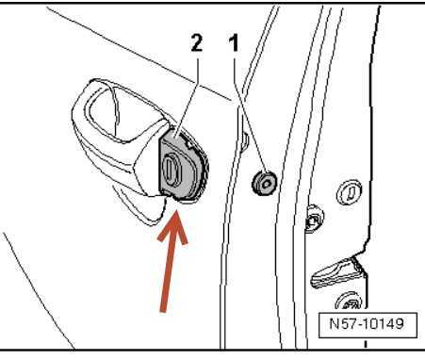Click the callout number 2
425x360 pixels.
(x=197, y=43)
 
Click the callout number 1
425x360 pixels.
(x=235, y=43)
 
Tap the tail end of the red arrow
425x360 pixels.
(x=163, y=311)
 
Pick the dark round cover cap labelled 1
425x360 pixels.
(x=265, y=183)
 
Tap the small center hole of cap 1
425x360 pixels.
(x=267, y=183)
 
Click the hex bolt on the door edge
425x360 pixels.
(x=314, y=219)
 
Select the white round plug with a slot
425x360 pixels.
(x=349, y=192)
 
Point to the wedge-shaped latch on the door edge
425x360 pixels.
(x=337, y=273)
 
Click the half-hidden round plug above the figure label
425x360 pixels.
(x=349, y=301)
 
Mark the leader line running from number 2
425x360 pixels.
(x=188, y=96)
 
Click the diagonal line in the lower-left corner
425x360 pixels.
(x=39, y=291)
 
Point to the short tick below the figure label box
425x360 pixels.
(x=366, y=344)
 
